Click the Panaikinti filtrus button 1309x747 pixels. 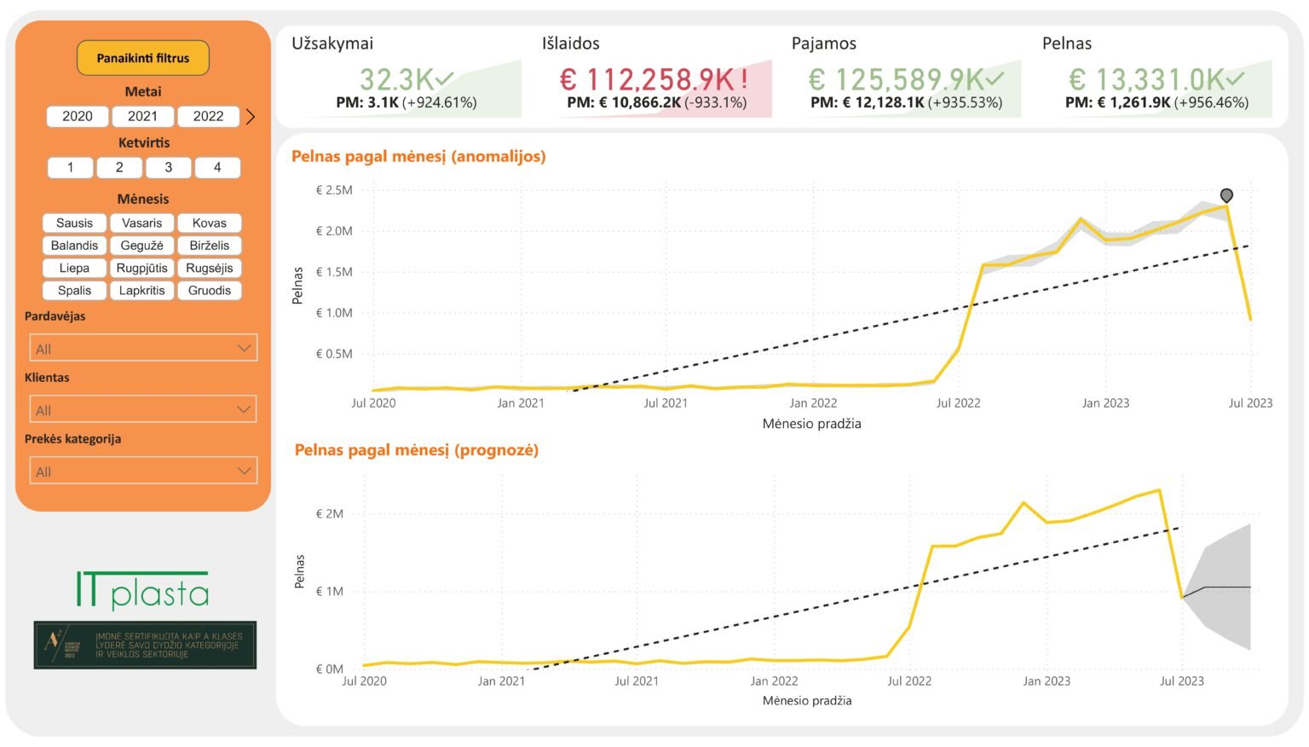142,58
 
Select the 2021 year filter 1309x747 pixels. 142,116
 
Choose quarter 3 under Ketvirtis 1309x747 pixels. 168,167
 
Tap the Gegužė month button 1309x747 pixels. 141,246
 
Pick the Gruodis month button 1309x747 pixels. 210,290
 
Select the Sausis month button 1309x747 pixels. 74,223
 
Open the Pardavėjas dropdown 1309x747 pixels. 143,348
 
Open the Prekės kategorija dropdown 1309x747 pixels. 143,471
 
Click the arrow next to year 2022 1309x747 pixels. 251,117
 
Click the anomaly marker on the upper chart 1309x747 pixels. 1226,196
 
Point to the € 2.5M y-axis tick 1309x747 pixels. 334,190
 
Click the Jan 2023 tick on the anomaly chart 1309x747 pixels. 1105,403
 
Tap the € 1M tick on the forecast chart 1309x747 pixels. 330,591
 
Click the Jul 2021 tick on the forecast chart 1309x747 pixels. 637,680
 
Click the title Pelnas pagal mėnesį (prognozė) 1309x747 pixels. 417,450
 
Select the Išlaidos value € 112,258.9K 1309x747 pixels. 648,79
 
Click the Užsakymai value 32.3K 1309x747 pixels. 398,79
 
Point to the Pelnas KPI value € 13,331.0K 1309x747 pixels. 1147,79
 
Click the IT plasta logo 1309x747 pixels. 143,590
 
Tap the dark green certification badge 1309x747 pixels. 145,645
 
